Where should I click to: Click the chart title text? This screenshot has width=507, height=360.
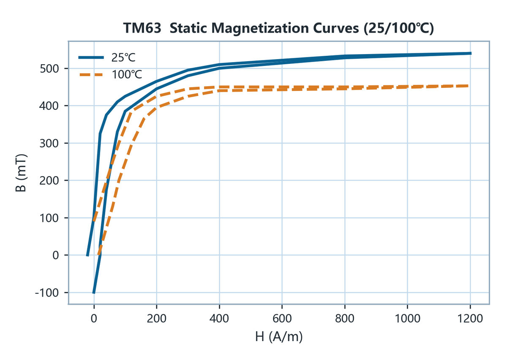278,28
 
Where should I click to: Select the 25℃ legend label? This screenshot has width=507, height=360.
123,57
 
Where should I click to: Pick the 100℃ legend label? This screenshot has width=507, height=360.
127,74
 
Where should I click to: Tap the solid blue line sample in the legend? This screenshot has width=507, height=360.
91,57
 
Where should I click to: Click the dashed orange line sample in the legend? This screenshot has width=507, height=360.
91,74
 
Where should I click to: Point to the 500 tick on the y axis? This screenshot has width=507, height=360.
49,68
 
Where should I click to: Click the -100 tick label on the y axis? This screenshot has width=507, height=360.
47,293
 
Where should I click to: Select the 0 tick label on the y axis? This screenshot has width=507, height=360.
56,255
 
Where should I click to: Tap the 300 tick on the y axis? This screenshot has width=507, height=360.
49,143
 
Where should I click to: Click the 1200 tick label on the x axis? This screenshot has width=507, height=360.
470,319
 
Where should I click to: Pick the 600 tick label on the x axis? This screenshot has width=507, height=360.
282,319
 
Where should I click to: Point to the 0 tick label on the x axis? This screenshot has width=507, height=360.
94,319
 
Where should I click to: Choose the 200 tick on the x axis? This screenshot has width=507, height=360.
157,319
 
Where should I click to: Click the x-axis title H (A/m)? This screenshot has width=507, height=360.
279,337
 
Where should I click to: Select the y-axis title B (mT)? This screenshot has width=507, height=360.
21,173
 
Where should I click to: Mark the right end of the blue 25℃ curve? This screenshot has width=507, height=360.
471,53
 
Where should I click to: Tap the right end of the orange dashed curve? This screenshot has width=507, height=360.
468,86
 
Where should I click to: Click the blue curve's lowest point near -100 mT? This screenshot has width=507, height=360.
94,293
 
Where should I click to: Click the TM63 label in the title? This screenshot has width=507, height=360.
142,28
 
